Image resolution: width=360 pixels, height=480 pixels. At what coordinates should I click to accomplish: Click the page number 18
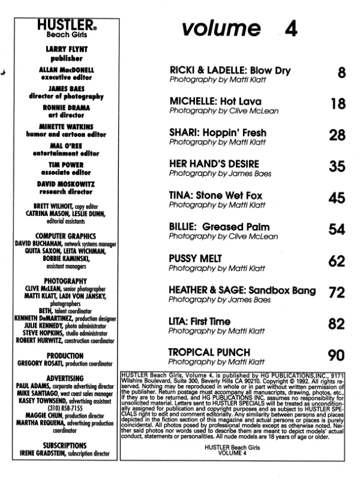click(x=338, y=104)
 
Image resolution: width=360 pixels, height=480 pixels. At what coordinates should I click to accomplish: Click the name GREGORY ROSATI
click(x=36, y=364)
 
